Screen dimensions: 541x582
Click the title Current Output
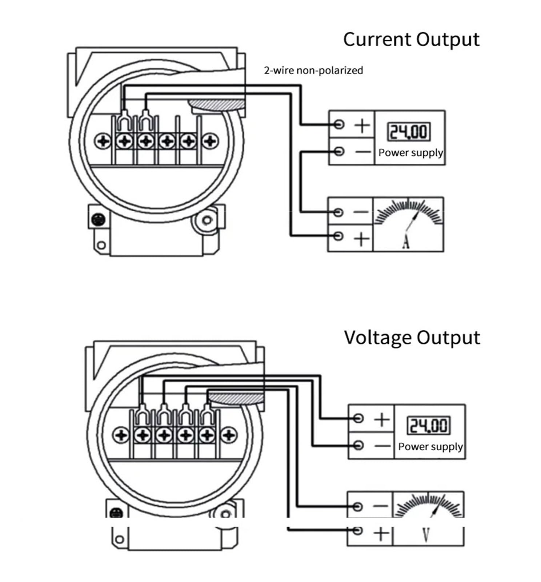[411, 39]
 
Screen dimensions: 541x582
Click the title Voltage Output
[412, 338]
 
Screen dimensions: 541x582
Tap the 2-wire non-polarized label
[313, 70]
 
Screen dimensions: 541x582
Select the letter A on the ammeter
[406, 242]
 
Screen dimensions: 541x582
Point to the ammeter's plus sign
[361, 239]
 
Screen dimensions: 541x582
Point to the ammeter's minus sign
[361, 212]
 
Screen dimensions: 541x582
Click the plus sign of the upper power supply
[362, 125]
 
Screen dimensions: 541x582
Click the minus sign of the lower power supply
[382, 445]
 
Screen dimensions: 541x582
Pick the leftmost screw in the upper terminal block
[103, 141]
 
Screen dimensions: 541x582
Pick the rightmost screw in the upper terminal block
[210, 141]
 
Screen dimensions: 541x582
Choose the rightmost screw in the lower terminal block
[229, 435]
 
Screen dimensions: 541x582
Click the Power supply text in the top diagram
[411, 153]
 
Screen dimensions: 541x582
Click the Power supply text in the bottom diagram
[430, 447]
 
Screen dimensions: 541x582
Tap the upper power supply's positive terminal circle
[339, 124]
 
